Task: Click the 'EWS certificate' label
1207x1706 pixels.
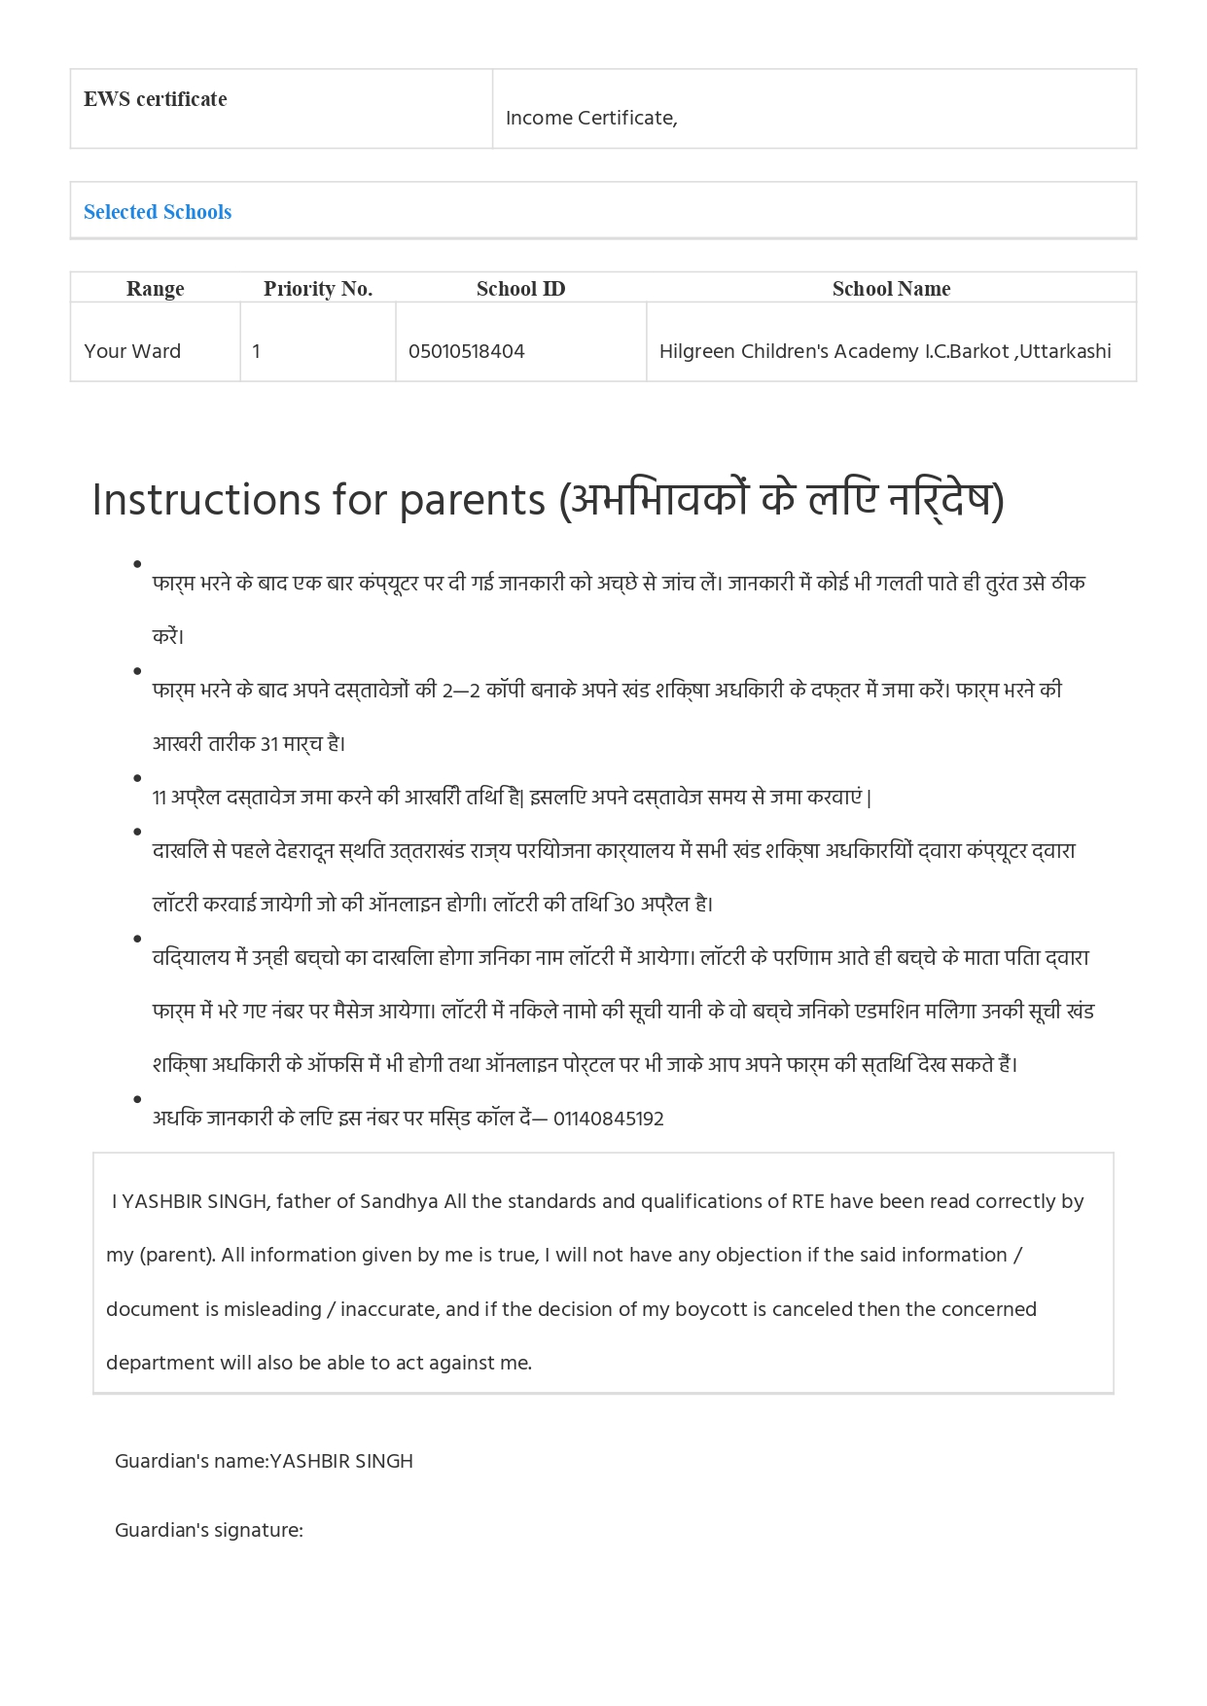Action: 155,99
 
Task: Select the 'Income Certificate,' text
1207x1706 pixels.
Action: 591,118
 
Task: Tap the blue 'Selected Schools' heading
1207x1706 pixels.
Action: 158,212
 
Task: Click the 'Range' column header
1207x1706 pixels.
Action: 155,289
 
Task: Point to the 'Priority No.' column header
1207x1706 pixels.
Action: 318,289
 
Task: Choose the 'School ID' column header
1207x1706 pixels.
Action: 520,289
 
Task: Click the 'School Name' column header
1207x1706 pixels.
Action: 891,289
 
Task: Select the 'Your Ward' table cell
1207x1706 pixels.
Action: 132,351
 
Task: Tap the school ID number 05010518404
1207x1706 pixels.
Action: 466,351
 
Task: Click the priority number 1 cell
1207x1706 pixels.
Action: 257,351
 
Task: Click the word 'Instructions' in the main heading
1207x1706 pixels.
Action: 207,501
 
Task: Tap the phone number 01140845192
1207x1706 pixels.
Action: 609,1119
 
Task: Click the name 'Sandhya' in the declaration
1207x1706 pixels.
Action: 399,1201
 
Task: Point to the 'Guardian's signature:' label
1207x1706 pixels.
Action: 209,1530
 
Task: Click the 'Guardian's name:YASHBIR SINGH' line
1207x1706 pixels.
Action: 264,1461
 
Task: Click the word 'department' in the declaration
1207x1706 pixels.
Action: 160,1363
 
